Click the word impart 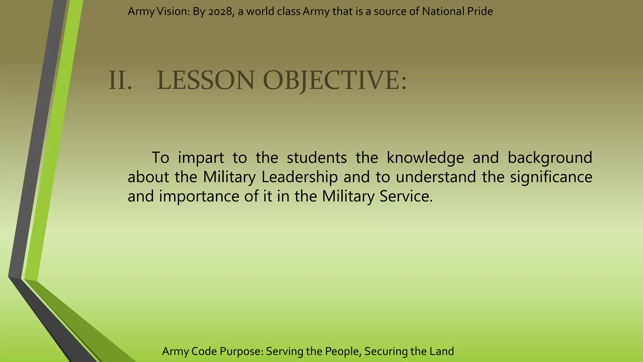point(201,158)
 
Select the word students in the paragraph point(317,158)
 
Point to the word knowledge point(425,158)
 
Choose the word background point(550,158)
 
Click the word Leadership point(300,177)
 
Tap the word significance point(551,177)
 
